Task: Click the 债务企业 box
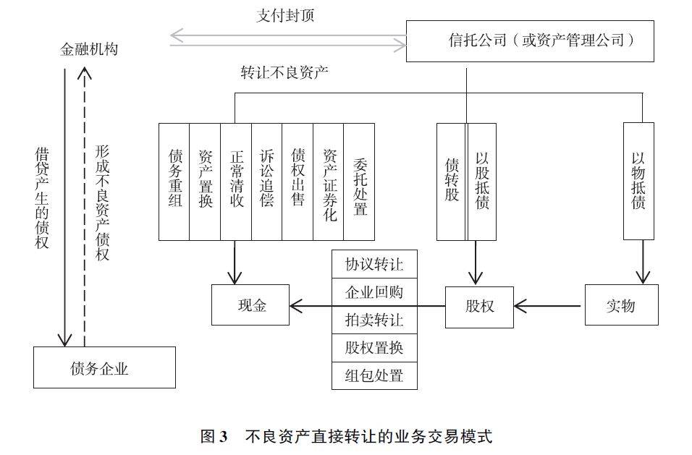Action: pos(104,367)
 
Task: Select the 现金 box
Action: pos(250,305)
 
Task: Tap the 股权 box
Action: pos(479,305)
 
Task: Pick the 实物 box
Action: pos(621,305)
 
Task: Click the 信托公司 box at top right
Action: pos(530,41)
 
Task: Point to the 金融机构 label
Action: pos(89,49)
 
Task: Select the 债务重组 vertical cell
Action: pos(174,181)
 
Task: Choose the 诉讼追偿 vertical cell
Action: pos(267,181)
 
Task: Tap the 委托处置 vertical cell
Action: pos(360,181)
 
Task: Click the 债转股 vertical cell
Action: pos(452,181)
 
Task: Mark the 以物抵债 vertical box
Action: pos(638,181)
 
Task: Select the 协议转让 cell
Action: pos(374,264)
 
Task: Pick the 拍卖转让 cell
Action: pos(374,320)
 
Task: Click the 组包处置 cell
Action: pos(374,376)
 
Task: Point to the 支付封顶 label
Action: pos(285,15)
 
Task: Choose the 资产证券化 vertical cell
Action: pos(329,181)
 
